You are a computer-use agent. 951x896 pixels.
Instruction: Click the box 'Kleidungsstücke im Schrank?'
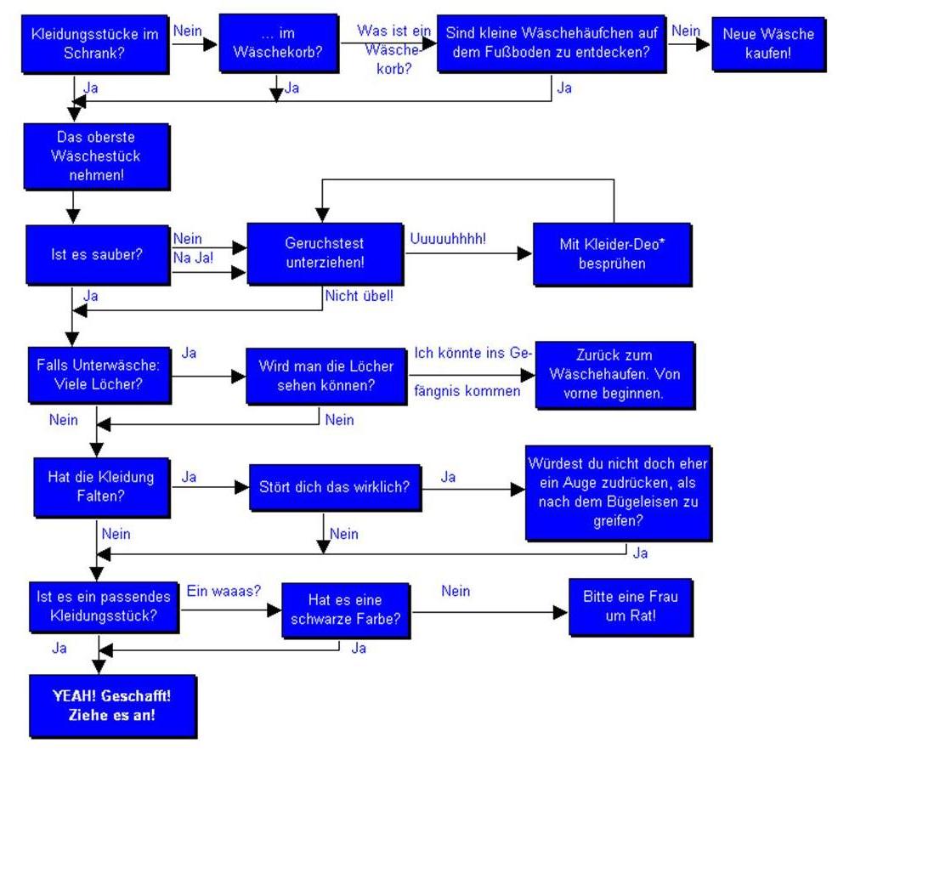(x=94, y=44)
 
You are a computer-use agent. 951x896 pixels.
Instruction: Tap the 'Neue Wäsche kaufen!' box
(x=767, y=44)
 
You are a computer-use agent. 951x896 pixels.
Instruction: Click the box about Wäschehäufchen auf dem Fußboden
(x=551, y=44)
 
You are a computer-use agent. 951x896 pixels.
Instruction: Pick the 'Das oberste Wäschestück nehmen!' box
(x=96, y=156)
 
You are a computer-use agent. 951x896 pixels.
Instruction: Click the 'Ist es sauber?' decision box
(x=96, y=254)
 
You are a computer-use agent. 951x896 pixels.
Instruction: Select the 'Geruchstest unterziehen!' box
(x=324, y=252)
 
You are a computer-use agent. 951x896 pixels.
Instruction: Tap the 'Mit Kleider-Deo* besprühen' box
(x=612, y=253)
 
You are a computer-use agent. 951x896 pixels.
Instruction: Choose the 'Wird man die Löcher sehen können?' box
(x=325, y=375)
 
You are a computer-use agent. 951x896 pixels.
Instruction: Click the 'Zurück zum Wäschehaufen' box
(x=614, y=374)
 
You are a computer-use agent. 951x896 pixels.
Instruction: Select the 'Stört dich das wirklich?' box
(x=335, y=487)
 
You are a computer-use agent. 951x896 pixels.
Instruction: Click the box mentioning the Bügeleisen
(x=618, y=492)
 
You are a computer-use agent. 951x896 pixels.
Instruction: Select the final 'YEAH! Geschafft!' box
(x=112, y=706)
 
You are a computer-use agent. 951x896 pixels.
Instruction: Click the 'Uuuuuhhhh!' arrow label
(x=448, y=239)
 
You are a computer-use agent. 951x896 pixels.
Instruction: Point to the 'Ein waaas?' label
(x=224, y=591)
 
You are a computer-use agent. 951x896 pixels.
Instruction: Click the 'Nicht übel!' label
(x=359, y=298)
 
